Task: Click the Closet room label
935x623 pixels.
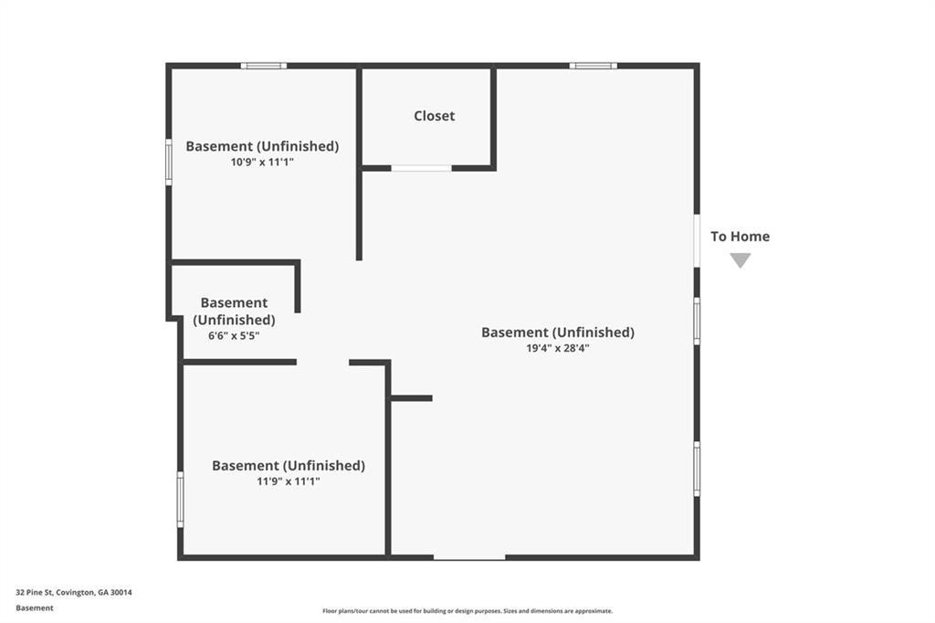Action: coord(434,116)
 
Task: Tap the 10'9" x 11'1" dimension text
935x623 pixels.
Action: coord(262,163)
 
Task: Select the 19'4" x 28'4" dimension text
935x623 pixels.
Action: coord(558,349)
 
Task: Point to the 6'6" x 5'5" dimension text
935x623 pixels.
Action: coord(234,336)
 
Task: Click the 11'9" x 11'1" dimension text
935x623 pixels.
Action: coord(289,481)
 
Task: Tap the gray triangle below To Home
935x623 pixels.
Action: coord(740,260)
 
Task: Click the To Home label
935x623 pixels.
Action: coord(740,237)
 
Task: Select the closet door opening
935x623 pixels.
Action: coord(421,169)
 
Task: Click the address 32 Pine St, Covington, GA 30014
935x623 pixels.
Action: coord(74,593)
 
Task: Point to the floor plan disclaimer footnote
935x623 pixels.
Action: coord(467,611)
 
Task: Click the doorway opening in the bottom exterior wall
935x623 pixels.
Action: coord(469,557)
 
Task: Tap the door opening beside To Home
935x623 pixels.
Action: coord(697,240)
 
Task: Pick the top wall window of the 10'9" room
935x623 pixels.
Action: coord(264,66)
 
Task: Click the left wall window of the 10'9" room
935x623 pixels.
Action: coord(169,163)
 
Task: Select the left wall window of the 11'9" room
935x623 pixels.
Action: coord(180,500)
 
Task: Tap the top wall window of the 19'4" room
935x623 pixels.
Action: coord(594,66)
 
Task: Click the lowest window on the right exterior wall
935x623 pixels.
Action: coord(697,469)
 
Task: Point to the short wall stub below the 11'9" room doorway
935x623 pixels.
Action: coord(412,398)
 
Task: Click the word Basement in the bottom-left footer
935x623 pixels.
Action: coord(35,608)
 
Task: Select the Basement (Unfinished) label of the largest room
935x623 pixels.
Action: coord(558,333)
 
